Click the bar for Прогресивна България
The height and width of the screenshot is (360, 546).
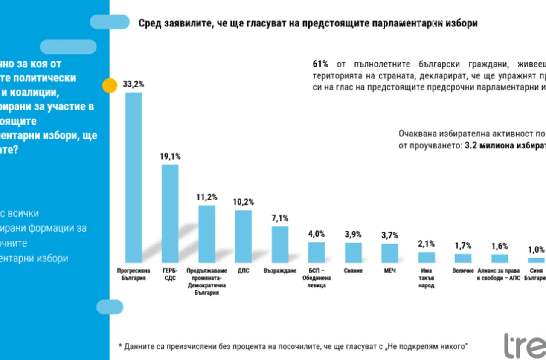133,177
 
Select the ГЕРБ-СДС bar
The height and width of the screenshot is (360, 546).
170,213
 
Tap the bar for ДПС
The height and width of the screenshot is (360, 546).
243,236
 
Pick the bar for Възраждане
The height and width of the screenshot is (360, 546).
280,244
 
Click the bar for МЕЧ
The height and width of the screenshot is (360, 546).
389,253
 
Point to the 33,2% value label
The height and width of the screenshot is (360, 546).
134,84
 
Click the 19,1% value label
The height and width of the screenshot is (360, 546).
170,157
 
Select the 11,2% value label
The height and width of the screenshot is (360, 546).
207,197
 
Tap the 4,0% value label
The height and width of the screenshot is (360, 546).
317,234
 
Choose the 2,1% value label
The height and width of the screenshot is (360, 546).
426,244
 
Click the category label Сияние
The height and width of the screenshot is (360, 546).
353,271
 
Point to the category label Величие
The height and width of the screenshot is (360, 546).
463,271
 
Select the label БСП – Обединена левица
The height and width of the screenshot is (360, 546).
317,278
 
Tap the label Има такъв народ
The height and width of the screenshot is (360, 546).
426,278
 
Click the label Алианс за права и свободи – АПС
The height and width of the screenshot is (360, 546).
500,275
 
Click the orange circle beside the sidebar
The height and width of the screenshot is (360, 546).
110,86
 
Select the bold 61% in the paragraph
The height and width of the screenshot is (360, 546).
320,64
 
